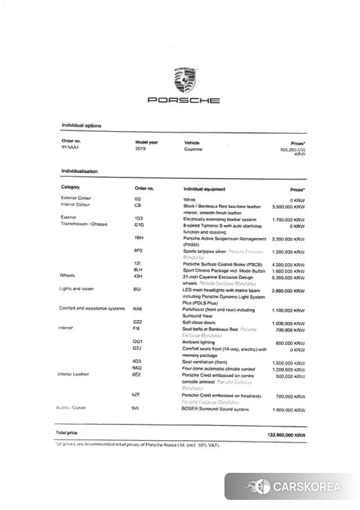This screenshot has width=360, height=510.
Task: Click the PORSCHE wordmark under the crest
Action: tap(184, 100)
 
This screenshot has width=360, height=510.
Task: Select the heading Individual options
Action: tap(81, 126)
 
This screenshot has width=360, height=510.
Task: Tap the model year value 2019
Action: tap(141, 149)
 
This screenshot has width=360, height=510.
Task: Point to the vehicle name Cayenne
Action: tap(193, 149)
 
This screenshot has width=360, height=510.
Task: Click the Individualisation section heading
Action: tap(79, 171)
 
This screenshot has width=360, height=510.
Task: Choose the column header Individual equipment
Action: tap(204, 189)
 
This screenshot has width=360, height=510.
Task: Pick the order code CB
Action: tap(137, 205)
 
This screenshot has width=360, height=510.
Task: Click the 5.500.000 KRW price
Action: tap(288, 207)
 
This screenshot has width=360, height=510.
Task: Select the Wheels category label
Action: tap(67, 275)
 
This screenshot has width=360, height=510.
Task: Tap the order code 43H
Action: tap(138, 275)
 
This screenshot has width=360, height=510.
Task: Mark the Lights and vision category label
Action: tap(76, 289)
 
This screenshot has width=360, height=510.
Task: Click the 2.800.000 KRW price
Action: tap(288, 291)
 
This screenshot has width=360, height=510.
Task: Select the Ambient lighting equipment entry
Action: tap(199, 342)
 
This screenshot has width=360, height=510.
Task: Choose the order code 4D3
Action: tap(137, 363)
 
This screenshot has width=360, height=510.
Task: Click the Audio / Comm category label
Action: tap(71, 408)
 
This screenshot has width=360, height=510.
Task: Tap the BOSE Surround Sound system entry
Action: tap(215, 409)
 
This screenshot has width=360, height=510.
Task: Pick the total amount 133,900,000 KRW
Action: tap(286, 435)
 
